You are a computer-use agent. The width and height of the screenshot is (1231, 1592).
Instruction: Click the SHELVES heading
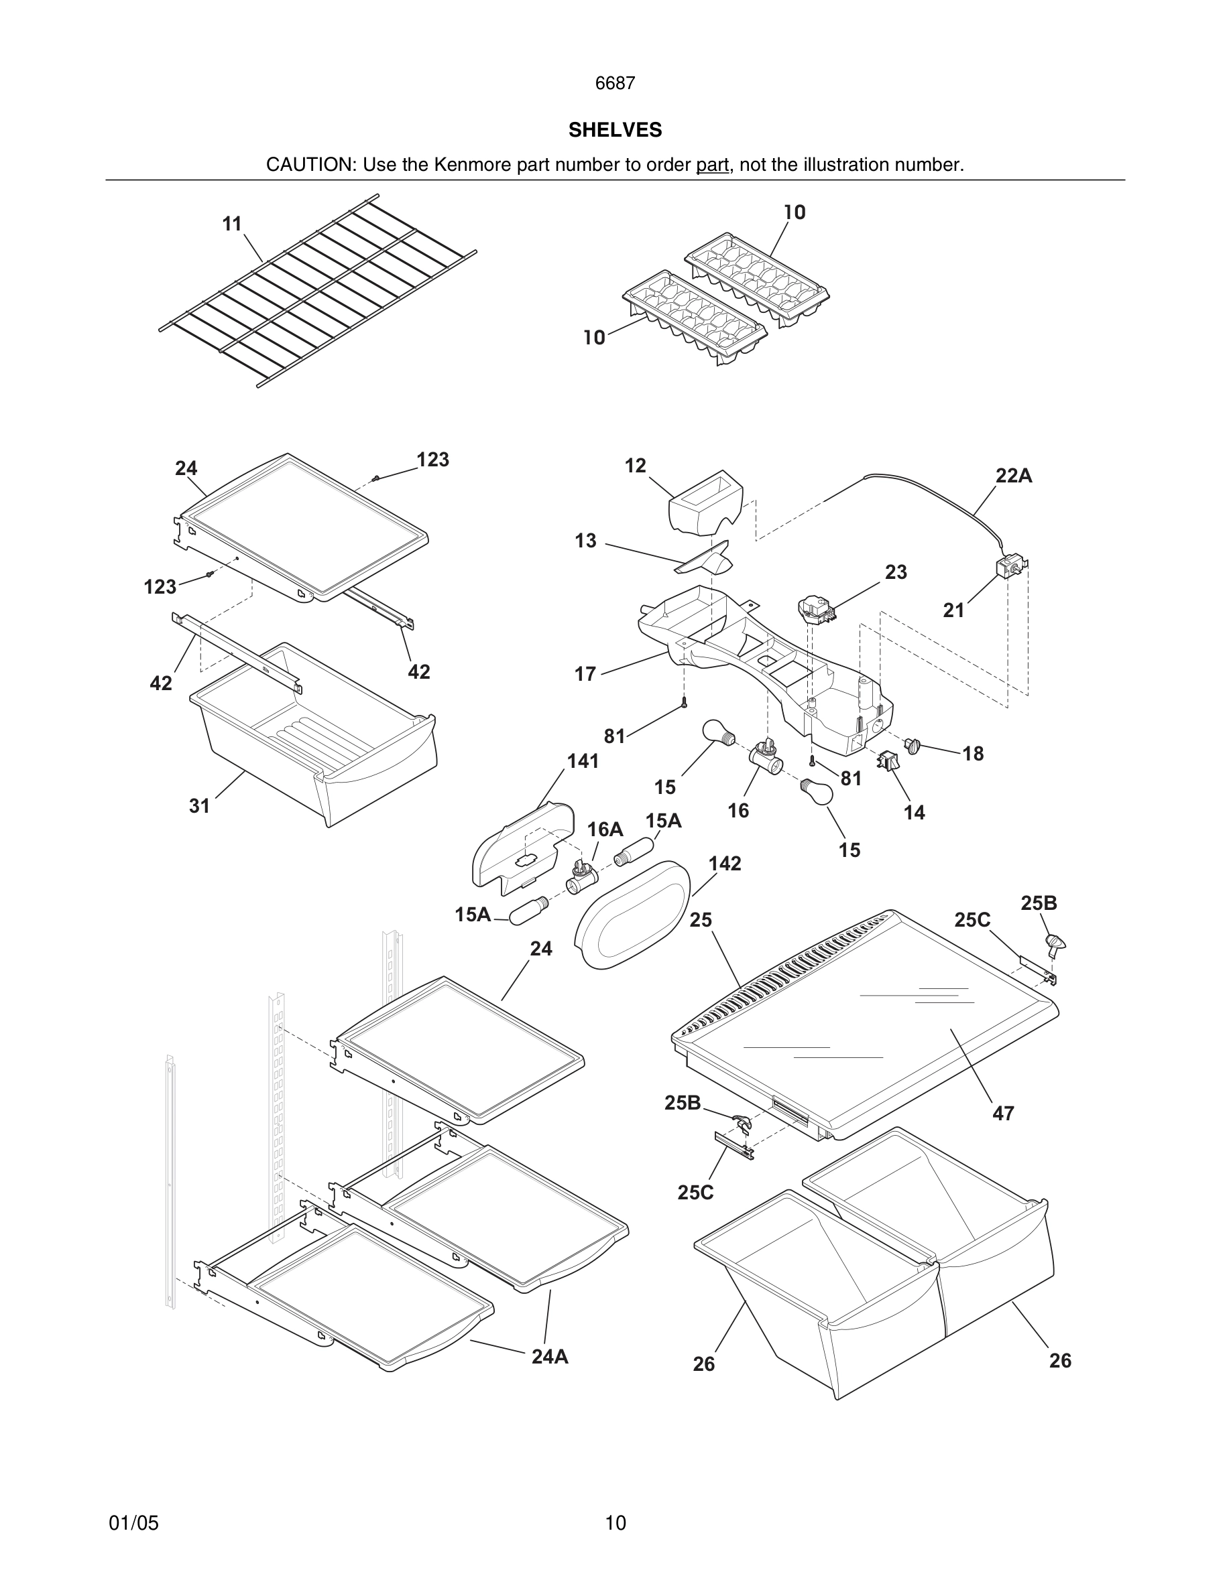click(615, 130)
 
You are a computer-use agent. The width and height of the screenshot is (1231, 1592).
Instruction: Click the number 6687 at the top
click(615, 84)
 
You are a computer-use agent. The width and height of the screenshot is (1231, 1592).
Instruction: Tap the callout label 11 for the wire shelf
click(232, 224)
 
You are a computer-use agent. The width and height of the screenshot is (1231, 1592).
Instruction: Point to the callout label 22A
click(1014, 476)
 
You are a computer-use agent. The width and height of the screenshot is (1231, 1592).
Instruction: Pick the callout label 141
click(583, 761)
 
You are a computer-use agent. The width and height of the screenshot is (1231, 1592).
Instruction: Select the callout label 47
click(1003, 1113)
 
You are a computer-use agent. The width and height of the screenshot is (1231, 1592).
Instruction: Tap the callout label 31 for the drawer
click(199, 805)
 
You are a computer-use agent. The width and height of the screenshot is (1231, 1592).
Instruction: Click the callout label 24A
click(549, 1356)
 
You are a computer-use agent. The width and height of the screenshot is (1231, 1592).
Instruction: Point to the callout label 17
click(585, 673)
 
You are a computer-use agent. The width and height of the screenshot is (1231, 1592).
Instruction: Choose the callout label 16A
click(605, 829)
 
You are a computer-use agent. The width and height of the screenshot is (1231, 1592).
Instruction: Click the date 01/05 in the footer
click(133, 1523)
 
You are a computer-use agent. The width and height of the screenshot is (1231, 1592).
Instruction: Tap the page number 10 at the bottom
click(615, 1523)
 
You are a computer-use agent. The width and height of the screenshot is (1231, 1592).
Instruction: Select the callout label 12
click(635, 465)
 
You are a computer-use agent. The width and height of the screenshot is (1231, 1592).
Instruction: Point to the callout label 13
click(585, 541)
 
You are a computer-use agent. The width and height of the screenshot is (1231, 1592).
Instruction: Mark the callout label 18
click(973, 754)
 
